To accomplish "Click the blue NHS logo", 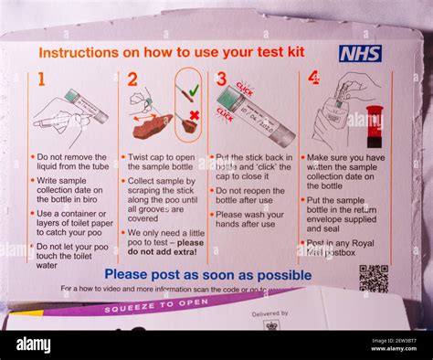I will click(360, 53).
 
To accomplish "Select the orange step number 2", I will click(132, 80).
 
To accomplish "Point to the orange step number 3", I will click(221, 80).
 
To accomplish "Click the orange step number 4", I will click(313, 79).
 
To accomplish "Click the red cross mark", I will click(193, 116).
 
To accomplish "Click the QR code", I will click(373, 278).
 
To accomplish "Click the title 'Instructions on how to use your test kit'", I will click(172, 53).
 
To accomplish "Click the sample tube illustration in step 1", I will click(85, 105).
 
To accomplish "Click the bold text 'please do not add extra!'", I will click(164, 248).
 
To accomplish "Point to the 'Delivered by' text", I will click(269, 313).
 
